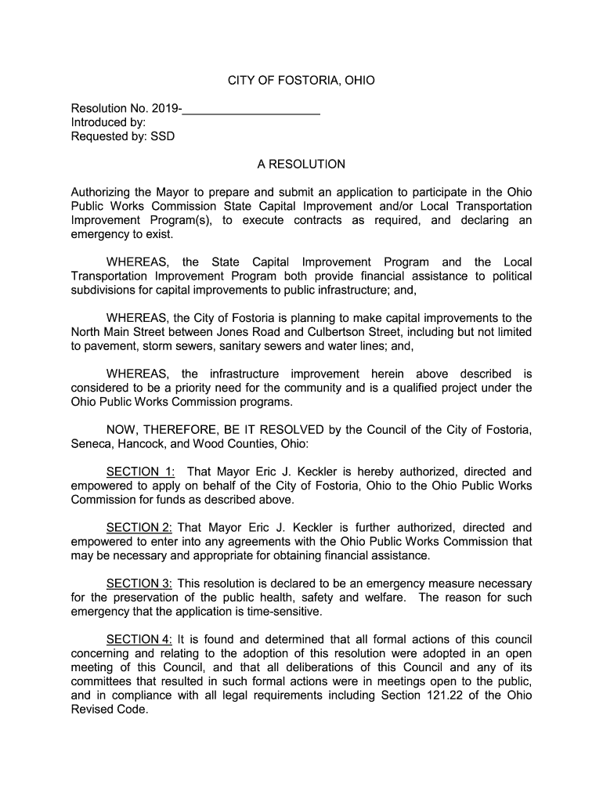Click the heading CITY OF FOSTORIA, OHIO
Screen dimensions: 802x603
(x=301, y=81)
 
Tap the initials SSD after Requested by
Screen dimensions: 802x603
(x=163, y=136)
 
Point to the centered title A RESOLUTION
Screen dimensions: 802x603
(x=301, y=164)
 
